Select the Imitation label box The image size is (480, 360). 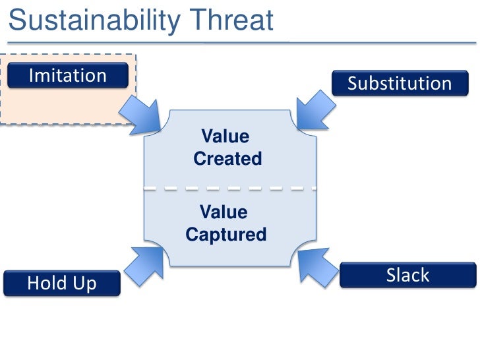67,75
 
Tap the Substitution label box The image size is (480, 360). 400,84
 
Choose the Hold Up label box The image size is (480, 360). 62,284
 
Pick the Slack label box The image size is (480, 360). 407,275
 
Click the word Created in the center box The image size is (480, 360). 227,159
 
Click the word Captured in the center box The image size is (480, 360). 226,234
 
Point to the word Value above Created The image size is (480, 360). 225,137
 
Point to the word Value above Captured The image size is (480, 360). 224,212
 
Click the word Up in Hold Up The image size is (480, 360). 85,284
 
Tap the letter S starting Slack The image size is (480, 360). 391,275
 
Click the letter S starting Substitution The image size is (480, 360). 353,84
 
